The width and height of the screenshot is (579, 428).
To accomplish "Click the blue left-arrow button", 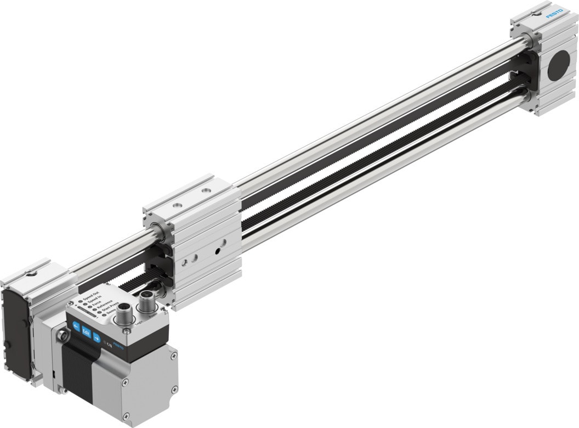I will tap(76, 325).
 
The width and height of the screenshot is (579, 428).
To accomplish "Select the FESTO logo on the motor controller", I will tap(118, 348).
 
